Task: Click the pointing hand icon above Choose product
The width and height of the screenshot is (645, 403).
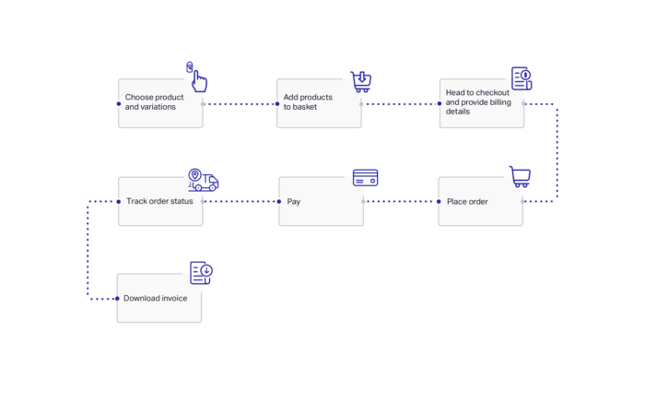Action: click(x=197, y=77)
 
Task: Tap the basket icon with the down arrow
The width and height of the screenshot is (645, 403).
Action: click(x=361, y=81)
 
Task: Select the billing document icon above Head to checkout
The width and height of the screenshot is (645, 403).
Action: click(x=522, y=78)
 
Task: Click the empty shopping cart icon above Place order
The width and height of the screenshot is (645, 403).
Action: click(x=520, y=176)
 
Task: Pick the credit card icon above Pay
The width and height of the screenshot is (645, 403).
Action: click(x=365, y=178)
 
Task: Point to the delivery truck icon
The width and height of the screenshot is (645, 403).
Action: click(x=204, y=180)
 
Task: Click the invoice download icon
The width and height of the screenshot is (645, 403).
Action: click(x=201, y=272)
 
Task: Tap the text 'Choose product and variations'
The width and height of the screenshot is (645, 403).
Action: click(x=154, y=102)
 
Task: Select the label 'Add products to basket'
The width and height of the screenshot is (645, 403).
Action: click(x=308, y=102)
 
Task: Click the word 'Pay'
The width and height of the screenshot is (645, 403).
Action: click(x=294, y=202)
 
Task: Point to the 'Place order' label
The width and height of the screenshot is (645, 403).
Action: click(x=467, y=202)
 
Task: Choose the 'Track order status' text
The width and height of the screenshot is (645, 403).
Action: click(x=159, y=201)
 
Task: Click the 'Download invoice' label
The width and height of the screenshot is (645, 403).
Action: click(x=155, y=299)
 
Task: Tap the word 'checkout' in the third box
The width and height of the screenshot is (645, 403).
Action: click(x=492, y=92)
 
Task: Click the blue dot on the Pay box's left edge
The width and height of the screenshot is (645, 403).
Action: click(x=279, y=202)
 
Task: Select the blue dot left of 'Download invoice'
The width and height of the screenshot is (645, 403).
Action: click(x=117, y=299)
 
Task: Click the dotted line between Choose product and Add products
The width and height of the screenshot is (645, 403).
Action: click(x=240, y=104)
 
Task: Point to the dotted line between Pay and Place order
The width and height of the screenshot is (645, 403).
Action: click(x=401, y=202)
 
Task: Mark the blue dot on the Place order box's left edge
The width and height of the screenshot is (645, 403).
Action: click(x=439, y=202)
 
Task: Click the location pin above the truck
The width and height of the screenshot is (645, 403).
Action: click(x=195, y=174)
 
